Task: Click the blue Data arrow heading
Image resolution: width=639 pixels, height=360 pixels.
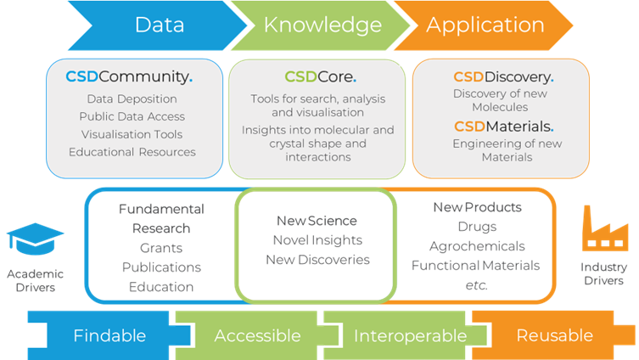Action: pyautogui.click(x=159, y=25)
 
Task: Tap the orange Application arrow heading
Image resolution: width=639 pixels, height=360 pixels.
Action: pyautogui.click(x=485, y=25)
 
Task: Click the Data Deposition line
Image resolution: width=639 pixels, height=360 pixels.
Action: pyautogui.click(x=132, y=99)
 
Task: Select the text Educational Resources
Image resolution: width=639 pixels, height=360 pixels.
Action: pyautogui.click(x=132, y=152)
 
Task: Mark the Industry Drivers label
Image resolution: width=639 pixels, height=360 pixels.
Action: pyautogui.click(x=603, y=273)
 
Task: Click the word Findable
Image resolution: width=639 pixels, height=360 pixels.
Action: pyautogui.click(x=109, y=335)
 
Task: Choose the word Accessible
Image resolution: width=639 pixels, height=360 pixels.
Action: pyautogui.click(x=257, y=335)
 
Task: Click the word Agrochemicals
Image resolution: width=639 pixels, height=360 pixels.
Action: pyautogui.click(x=477, y=246)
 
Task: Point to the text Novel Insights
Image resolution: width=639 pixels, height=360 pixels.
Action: pyautogui.click(x=317, y=240)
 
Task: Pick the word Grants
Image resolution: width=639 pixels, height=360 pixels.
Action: pyautogui.click(x=160, y=248)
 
